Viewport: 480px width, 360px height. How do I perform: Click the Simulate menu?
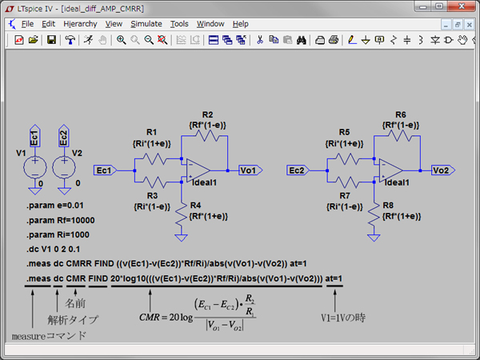(146, 24)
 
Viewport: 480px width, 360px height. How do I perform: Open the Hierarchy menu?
(80, 24)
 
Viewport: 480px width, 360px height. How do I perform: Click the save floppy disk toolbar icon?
(51, 40)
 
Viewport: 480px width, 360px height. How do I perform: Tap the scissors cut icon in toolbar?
(260, 40)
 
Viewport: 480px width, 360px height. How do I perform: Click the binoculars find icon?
(302, 40)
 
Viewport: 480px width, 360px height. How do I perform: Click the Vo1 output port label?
(250, 170)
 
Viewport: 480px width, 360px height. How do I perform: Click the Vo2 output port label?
(443, 170)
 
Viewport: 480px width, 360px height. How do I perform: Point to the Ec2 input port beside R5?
(298, 170)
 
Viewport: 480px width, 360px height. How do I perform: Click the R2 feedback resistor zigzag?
(207, 136)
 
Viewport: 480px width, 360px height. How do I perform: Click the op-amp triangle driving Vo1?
(198, 170)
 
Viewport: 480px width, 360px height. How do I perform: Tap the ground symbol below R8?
(374, 238)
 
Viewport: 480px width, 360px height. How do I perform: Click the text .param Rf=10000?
(61, 221)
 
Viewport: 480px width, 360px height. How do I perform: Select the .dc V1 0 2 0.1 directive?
(53, 249)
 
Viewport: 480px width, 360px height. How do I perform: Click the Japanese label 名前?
(75, 303)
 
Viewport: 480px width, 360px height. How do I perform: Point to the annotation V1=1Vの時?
(343, 318)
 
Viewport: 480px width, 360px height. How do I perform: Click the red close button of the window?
(462, 6)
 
